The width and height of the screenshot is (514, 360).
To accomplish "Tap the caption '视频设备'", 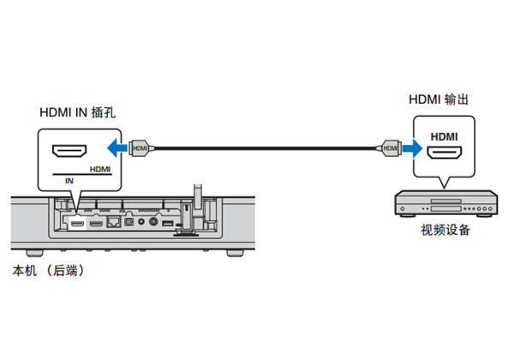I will pos(445,230).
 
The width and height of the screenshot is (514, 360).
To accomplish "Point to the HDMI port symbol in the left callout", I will pos(69,153).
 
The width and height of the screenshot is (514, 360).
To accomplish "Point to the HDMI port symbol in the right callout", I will pos(445,155).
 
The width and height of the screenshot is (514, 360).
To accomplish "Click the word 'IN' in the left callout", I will pos(69,181).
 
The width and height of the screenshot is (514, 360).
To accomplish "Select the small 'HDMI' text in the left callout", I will pos(99,170).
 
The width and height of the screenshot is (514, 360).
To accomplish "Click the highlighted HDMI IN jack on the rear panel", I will pos(77,223).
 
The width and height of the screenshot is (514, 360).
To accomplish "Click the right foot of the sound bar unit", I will pos(233,254).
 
